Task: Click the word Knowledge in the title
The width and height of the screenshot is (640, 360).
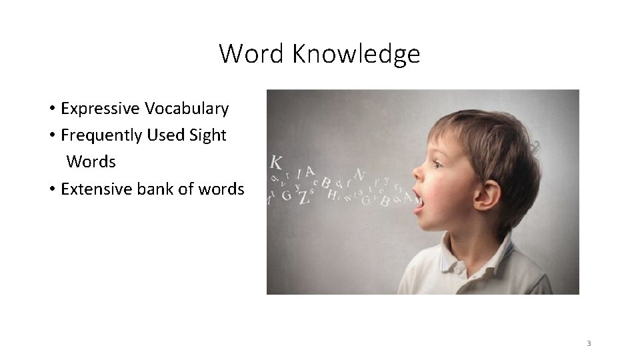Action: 356,54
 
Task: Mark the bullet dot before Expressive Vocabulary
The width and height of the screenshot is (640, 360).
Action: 51,109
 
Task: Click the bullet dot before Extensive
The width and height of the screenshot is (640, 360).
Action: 51,190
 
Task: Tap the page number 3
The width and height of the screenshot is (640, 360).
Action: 589,344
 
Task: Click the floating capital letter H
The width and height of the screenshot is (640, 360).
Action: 331,195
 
